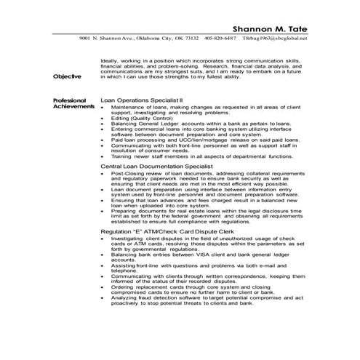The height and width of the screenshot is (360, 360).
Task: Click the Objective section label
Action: click(68, 76)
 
